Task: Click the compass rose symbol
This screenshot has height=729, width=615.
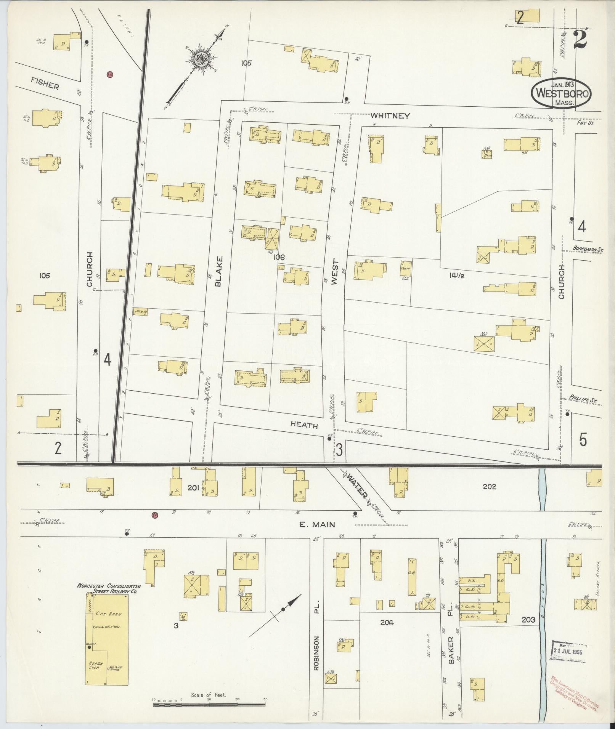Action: (200, 59)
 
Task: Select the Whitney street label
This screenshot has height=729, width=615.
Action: (390, 116)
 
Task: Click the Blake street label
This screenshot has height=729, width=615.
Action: (218, 271)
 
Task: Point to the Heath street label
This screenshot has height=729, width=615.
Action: (304, 425)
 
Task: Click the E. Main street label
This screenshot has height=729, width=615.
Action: (317, 524)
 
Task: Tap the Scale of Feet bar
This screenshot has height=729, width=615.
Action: (209, 705)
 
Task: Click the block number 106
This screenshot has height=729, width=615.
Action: (279, 258)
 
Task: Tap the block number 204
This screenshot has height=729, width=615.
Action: (386, 622)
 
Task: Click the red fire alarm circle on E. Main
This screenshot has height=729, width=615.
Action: (155, 515)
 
